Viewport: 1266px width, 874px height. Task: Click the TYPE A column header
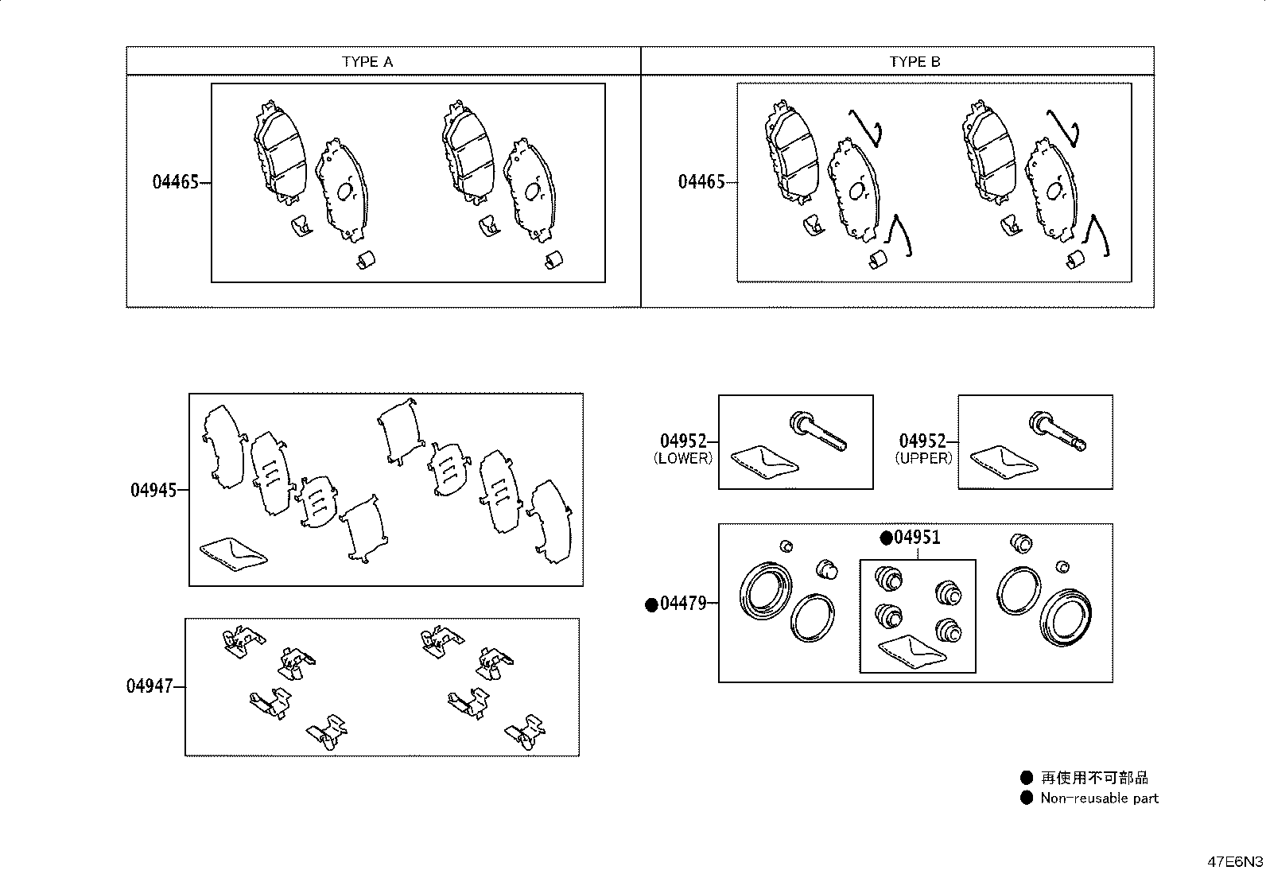click(x=367, y=61)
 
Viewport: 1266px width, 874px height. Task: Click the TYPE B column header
click(x=915, y=61)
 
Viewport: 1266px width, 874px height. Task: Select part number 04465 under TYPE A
click(x=176, y=182)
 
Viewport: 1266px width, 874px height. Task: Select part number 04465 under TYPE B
click(x=701, y=182)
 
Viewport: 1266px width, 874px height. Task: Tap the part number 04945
click(x=153, y=490)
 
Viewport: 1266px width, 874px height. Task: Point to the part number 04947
click(x=150, y=686)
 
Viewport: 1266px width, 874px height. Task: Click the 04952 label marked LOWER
click(x=684, y=441)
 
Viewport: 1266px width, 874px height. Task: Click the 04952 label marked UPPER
click(x=922, y=441)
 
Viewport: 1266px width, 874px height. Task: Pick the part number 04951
click(x=917, y=537)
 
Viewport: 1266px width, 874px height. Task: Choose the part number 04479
click(x=683, y=604)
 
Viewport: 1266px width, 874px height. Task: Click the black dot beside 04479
click(x=651, y=605)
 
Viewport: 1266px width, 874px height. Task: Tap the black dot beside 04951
click(x=886, y=538)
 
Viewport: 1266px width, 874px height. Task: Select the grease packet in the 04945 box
click(x=234, y=554)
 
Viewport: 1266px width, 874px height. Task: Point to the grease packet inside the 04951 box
click(x=911, y=652)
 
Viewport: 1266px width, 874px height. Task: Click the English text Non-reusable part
click(x=1099, y=798)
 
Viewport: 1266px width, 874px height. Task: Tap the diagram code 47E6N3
click(x=1235, y=862)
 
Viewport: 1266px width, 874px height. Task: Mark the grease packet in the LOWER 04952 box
click(x=765, y=462)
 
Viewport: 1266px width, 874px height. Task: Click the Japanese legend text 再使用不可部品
click(x=1095, y=778)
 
